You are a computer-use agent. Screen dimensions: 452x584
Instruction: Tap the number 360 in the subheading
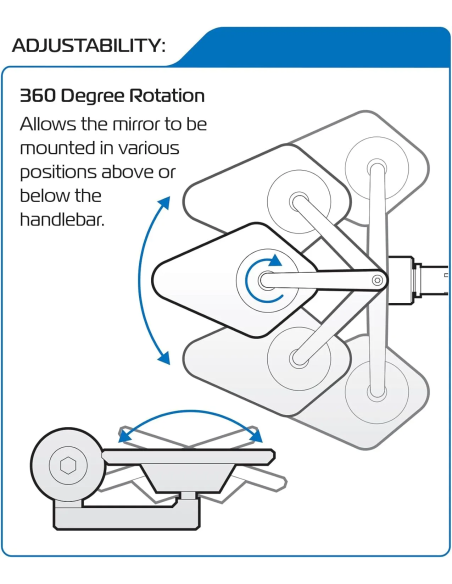(38, 96)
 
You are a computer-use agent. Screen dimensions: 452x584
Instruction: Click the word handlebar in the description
(62, 219)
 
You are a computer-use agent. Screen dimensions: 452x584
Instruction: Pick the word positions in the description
(58, 173)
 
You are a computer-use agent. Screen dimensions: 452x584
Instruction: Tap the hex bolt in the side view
(68, 466)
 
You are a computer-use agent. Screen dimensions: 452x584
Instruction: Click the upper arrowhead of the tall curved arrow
(163, 204)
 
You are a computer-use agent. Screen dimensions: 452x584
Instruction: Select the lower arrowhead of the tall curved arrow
(164, 358)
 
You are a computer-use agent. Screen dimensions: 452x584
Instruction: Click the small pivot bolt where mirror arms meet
(378, 280)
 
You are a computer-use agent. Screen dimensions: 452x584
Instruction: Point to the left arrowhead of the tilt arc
(125, 435)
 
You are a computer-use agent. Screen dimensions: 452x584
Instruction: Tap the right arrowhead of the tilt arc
(256, 435)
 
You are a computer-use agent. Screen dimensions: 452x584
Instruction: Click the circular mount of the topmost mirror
(377, 168)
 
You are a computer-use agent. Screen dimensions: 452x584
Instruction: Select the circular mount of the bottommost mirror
(377, 391)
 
